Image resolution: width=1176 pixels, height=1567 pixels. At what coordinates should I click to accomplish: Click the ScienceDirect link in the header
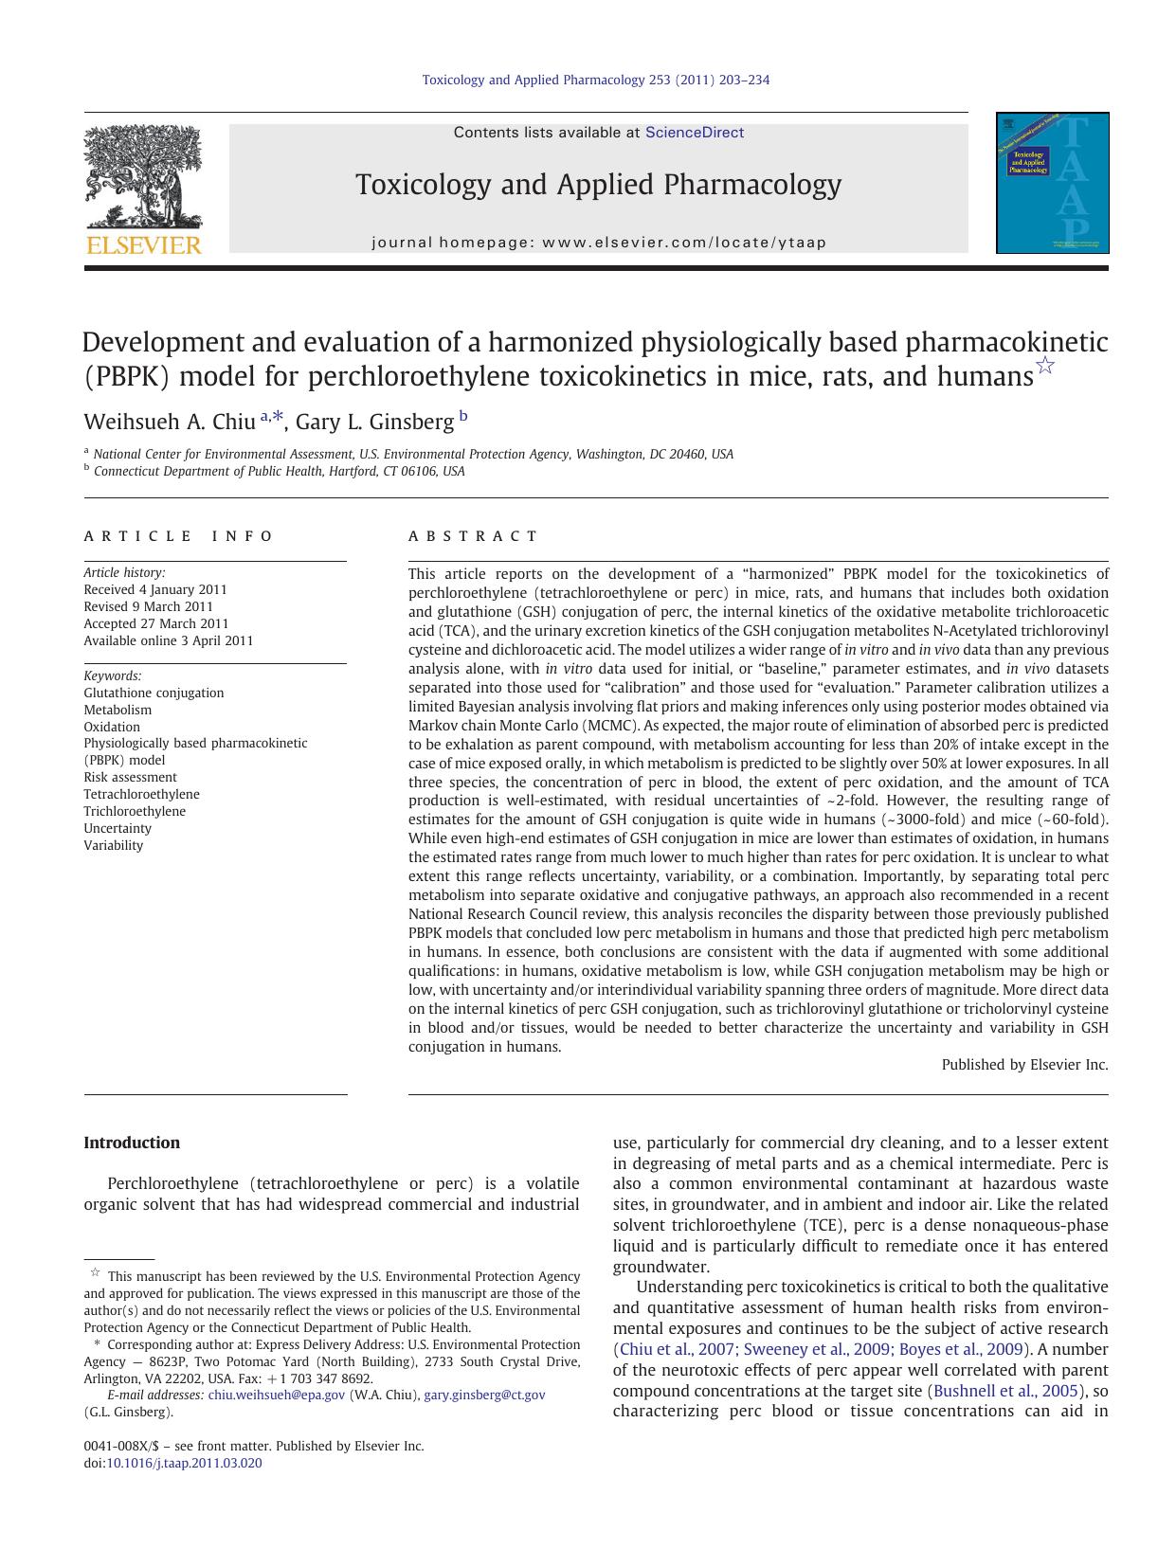pyautogui.click(x=694, y=133)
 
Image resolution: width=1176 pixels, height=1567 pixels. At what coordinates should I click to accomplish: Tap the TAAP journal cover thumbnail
pyautogui.click(x=1052, y=183)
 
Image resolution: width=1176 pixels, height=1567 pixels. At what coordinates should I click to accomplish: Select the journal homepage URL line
pyautogui.click(x=599, y=243)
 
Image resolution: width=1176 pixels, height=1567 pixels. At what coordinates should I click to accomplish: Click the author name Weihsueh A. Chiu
pyautogui.click(x=170, y=422)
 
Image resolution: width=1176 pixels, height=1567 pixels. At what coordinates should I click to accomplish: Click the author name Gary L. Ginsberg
pyautogui.click(x=374, y=422)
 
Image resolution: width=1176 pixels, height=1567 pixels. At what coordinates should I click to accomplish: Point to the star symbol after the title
pyautogui.click(x=1045, y=366)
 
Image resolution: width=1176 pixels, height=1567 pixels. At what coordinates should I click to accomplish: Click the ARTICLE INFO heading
pyautogui.click(x=178, y=536)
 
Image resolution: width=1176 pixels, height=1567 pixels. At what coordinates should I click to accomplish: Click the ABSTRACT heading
pyautogui.click(x=473, y=536)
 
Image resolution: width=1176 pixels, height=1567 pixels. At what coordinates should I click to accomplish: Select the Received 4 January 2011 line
pyautogui.click(x=155, y=589)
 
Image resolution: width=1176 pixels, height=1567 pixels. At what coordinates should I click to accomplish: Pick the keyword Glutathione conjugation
pyautogui.click(x=154, y=693)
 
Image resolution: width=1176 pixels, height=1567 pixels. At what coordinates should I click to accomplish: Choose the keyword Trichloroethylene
pyautogui.click(x=135, y=811)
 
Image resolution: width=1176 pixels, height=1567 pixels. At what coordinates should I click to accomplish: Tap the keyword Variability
pyautogui.click(x=113, y=845)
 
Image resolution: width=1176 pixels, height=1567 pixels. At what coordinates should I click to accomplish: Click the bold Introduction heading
pyautogui.click(x=132, y=1143)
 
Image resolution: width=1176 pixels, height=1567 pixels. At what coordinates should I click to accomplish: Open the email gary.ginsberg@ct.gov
pyautogui.click(x=484, y=1395)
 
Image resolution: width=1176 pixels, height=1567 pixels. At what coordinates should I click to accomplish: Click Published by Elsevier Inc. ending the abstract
pyautogui.click(x=1024, y=1065)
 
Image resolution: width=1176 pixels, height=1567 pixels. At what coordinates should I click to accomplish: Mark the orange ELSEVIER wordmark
pyautogui.click(x=143, y=246)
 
